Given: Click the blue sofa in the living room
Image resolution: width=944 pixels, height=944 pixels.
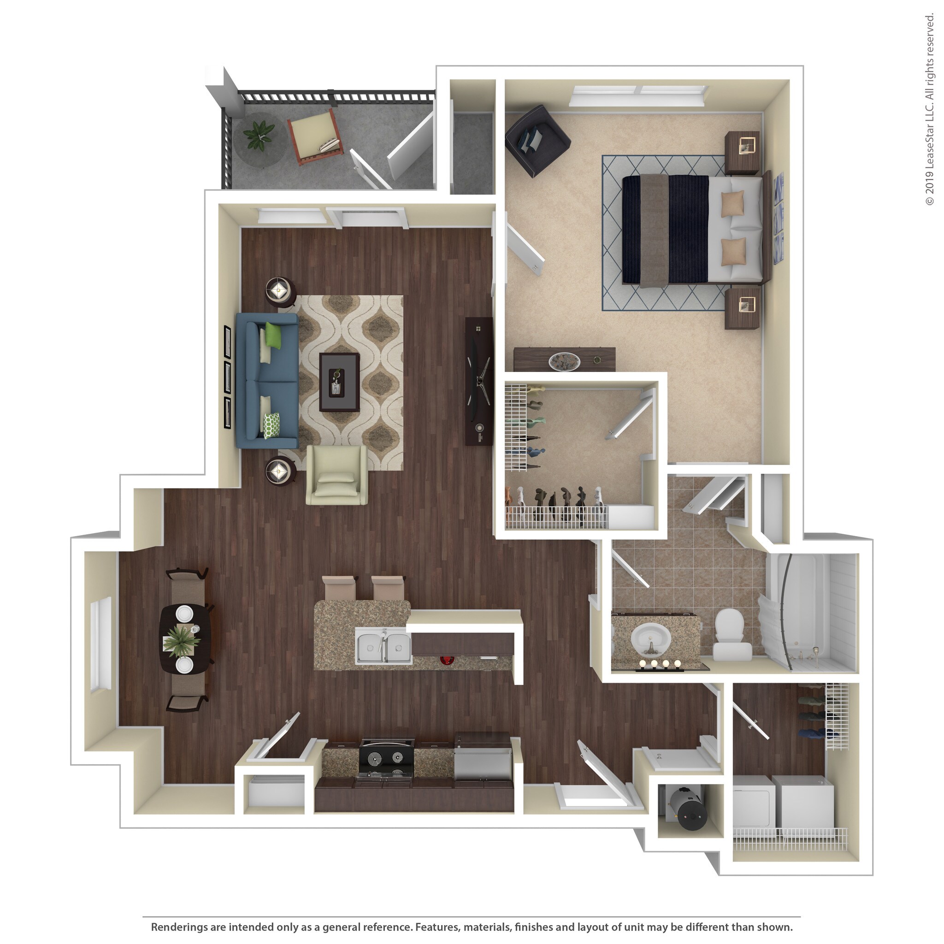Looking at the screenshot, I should click(267, 381).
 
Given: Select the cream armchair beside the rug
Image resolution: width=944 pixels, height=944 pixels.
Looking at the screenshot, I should click(336, 475).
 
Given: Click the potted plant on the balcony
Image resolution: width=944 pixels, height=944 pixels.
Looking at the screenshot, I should click(259, 135).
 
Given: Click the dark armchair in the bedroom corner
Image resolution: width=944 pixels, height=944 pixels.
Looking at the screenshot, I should click(537, 139).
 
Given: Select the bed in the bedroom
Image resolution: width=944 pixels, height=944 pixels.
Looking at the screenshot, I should click(691, 229).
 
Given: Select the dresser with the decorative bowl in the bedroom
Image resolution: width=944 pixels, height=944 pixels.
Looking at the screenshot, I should click(564, 360).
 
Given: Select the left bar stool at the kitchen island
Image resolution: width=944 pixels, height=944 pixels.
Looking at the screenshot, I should click(339, 588).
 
